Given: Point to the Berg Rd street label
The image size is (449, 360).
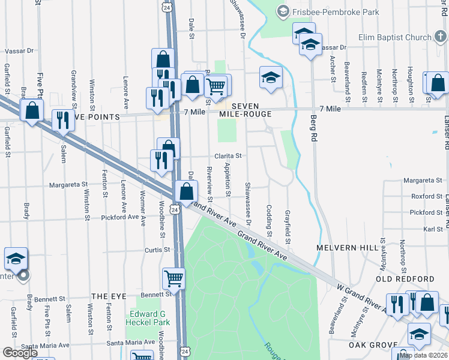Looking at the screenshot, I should (x=313, y=128).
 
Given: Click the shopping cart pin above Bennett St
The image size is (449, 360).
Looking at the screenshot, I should (x=173, y=278).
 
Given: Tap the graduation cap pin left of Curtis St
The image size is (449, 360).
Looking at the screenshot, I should (x=16, y=259).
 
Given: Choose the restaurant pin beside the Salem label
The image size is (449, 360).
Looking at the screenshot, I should (x=63, y=120).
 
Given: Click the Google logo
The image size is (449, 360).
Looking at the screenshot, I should (x=20, y=353).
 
